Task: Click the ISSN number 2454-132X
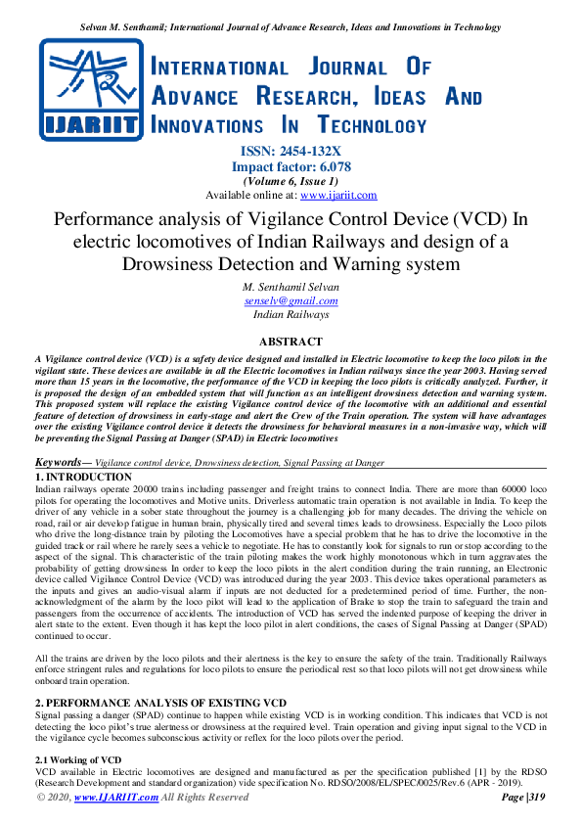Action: tap(308, 151)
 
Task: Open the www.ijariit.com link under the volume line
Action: tap(337, 195)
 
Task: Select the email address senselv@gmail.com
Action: tap(291, 301)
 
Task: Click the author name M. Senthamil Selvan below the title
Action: tap(291, 286)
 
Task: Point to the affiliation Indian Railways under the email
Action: tap(291, 315)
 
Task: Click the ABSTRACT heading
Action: tap(291, 342)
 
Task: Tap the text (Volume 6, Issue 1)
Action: tap(291, 181)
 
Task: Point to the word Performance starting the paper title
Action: tap(103, 219)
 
